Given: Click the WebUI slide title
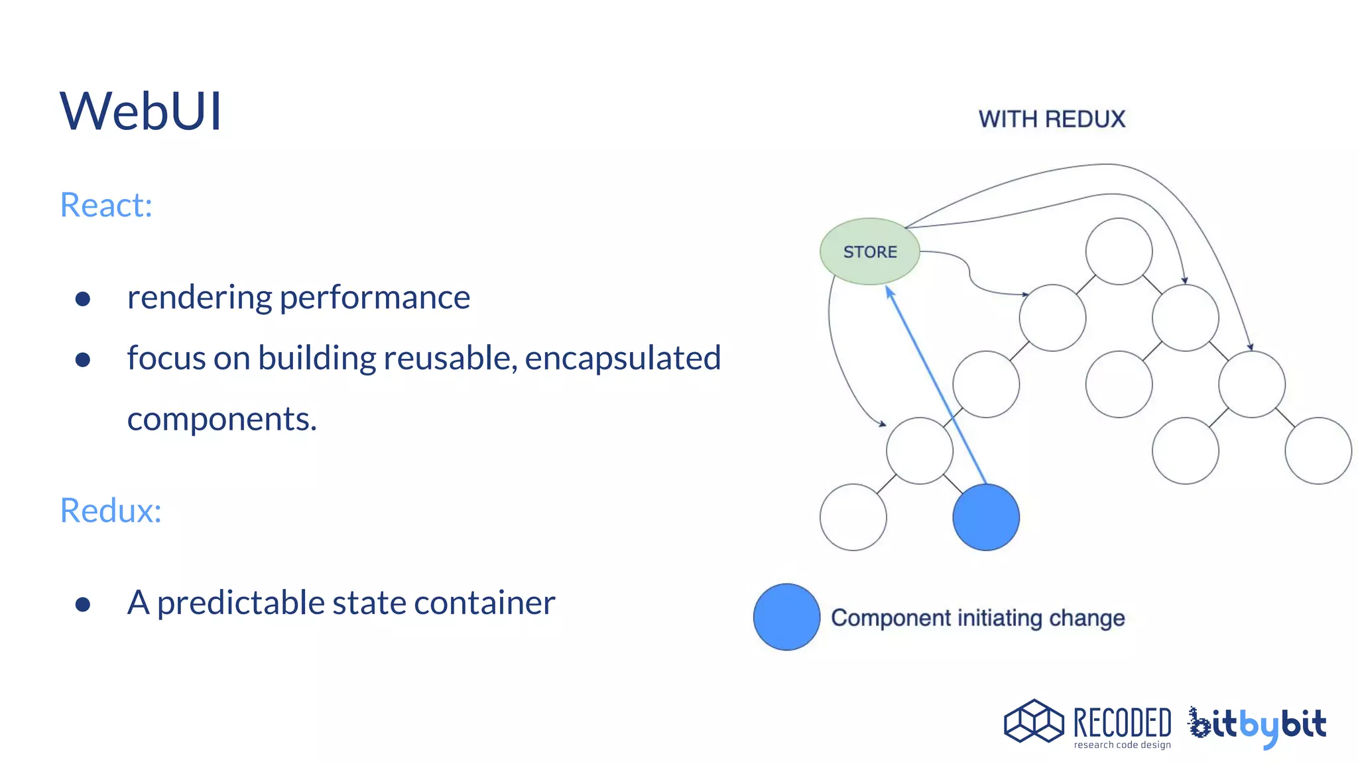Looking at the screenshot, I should coord(141,111).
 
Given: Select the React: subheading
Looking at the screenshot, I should coord(106,205).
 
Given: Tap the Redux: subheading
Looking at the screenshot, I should coord(111,511).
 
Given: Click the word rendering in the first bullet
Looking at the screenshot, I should coord(199,298).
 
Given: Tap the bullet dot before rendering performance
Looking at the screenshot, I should coord(83,299).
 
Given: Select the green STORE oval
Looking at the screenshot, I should coord(869,252).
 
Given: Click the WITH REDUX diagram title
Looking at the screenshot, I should coord(1052,119).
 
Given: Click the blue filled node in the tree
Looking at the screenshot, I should coord(985,517).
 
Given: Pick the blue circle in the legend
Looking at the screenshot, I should coord(786,617).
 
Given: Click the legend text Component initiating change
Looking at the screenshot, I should coord(977,618).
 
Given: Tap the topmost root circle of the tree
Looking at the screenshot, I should coord(1119,251).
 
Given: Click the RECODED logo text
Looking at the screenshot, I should coord(1122,723).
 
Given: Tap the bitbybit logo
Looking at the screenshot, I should coord(1257,725).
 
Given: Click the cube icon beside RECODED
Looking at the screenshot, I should coord(1034,721).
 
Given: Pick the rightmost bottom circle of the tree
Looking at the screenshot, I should coord(1318,451).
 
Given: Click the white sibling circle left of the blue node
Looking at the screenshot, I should coord(853,517).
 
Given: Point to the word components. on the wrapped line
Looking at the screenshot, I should coord(221,420).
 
